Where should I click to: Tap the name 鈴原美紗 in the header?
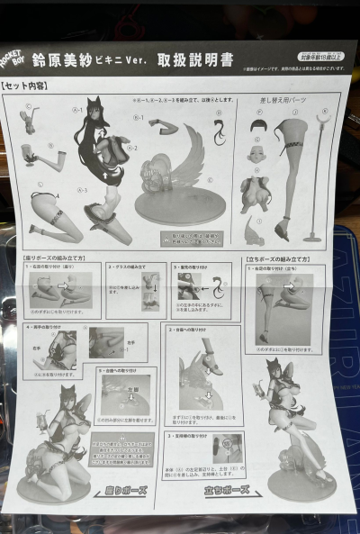pos(78,60)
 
